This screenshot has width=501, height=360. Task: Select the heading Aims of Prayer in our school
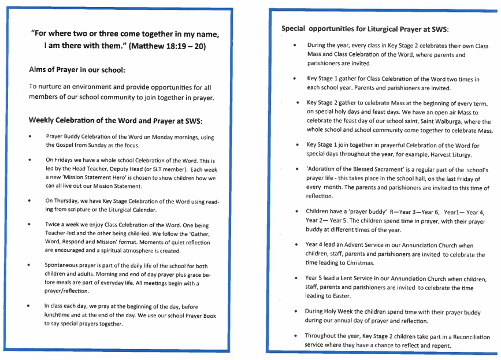(77, 70)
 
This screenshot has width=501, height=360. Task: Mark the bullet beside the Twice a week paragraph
(29, 224)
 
